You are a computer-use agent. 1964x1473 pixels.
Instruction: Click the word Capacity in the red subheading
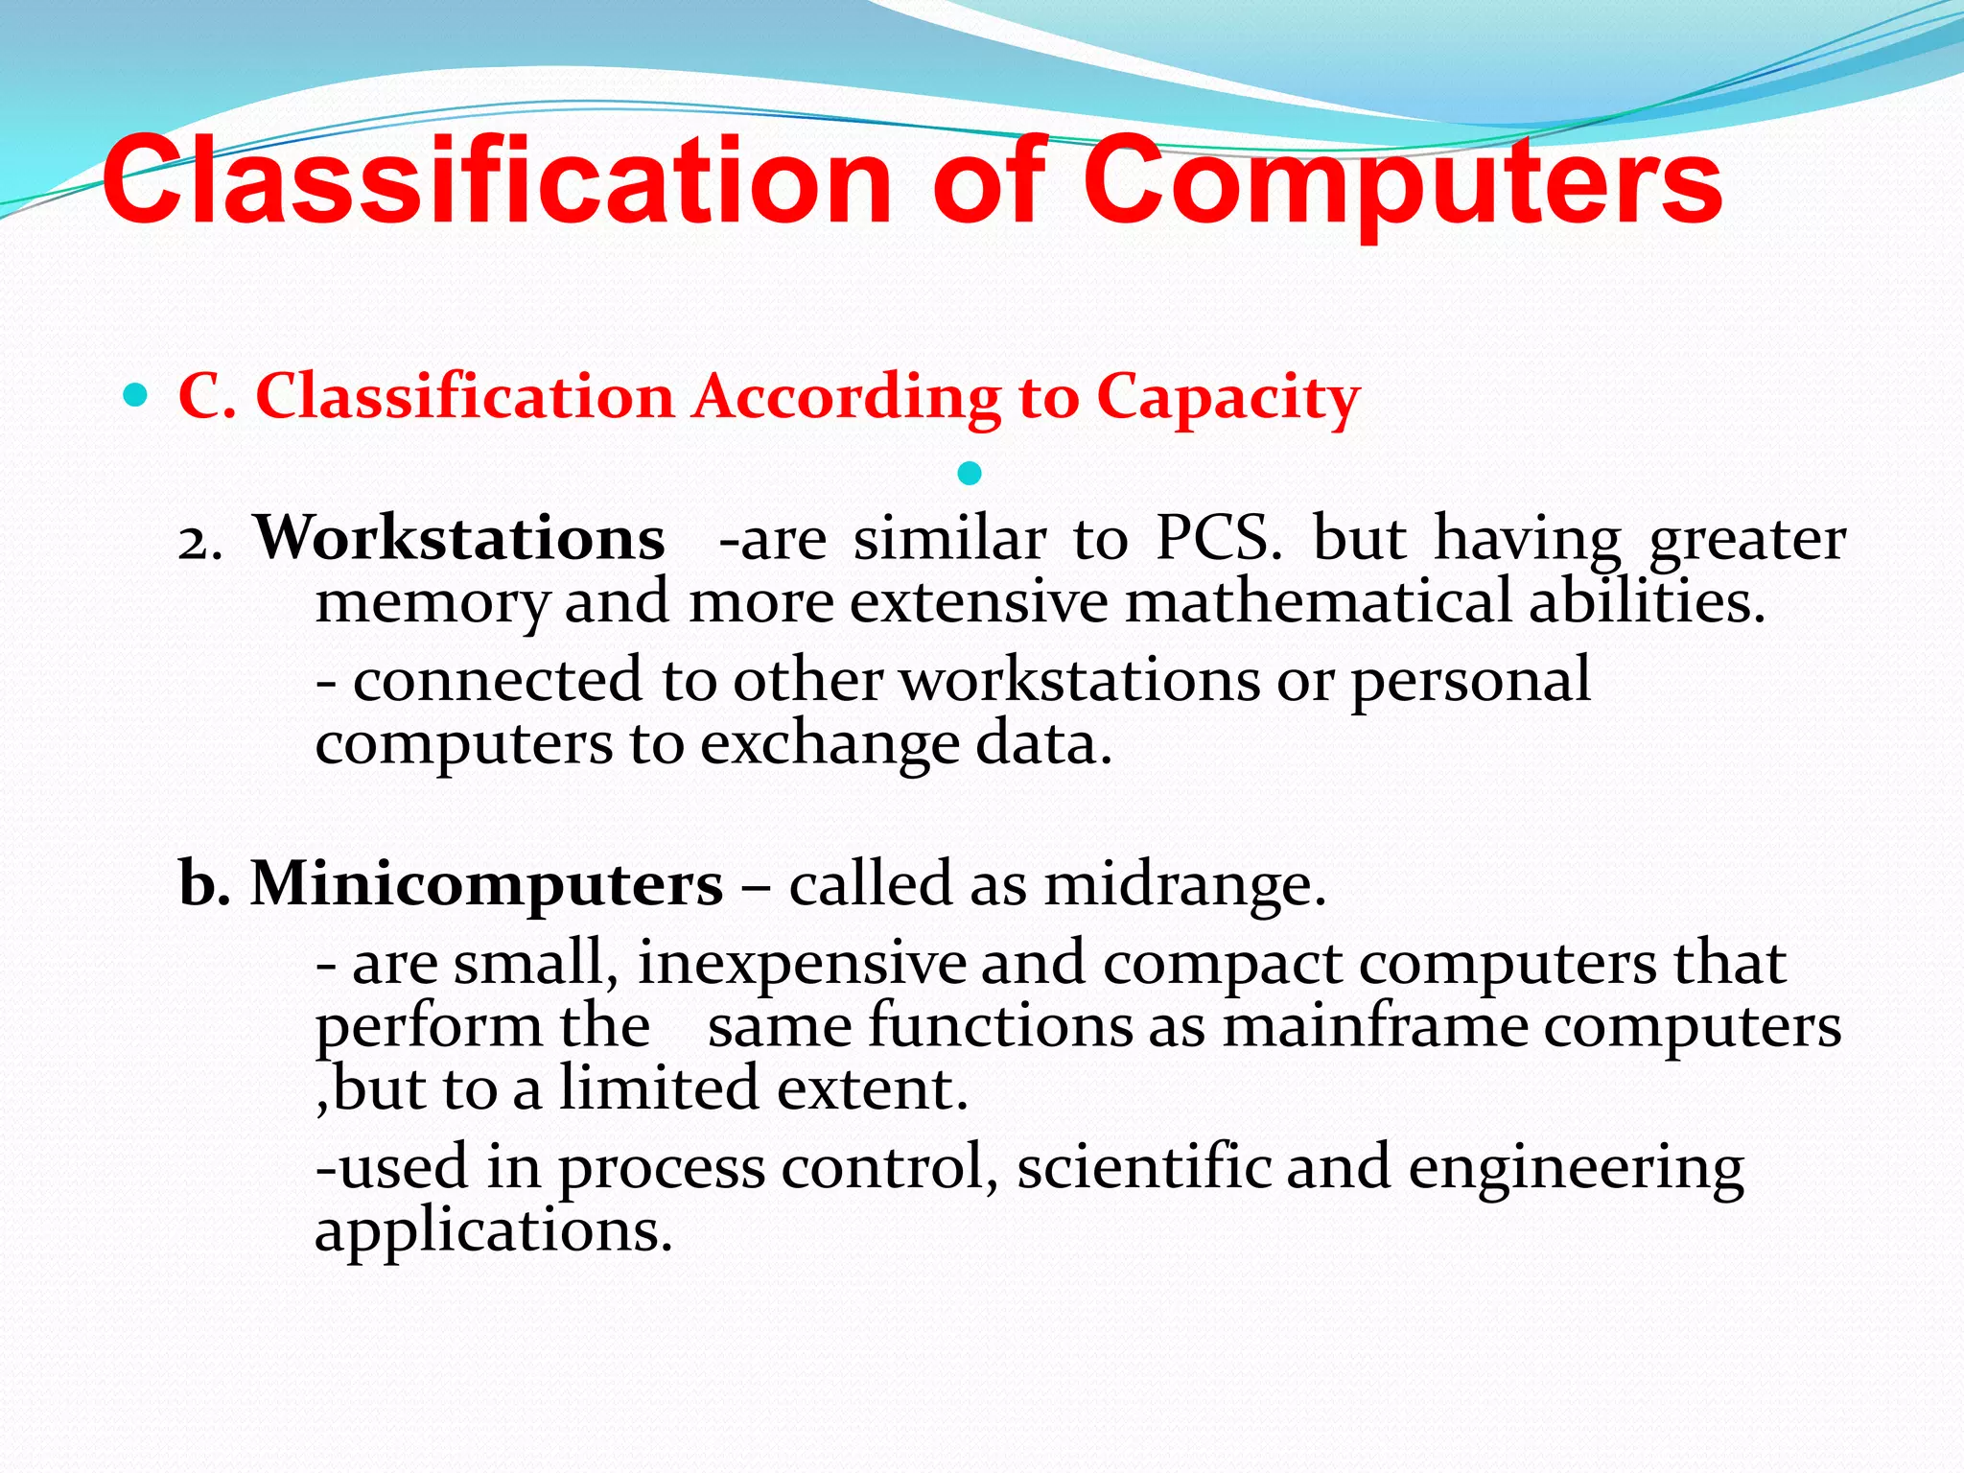pos(1227,398)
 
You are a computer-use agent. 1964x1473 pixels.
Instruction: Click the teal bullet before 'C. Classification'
pos(136,394)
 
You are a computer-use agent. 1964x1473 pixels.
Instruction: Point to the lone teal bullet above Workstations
pos(970,473)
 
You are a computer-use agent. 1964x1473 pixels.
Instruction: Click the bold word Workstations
pos(459,539)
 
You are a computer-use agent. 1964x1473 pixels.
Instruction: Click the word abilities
pos(1645,602)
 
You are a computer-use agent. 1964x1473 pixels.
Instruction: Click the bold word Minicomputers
pos(486,883)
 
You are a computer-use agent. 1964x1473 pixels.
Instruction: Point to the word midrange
pos(1184,883)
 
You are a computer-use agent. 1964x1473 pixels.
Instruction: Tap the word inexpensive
pos(802,963)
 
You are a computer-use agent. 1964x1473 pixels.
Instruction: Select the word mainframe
pos(1375,1026)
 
